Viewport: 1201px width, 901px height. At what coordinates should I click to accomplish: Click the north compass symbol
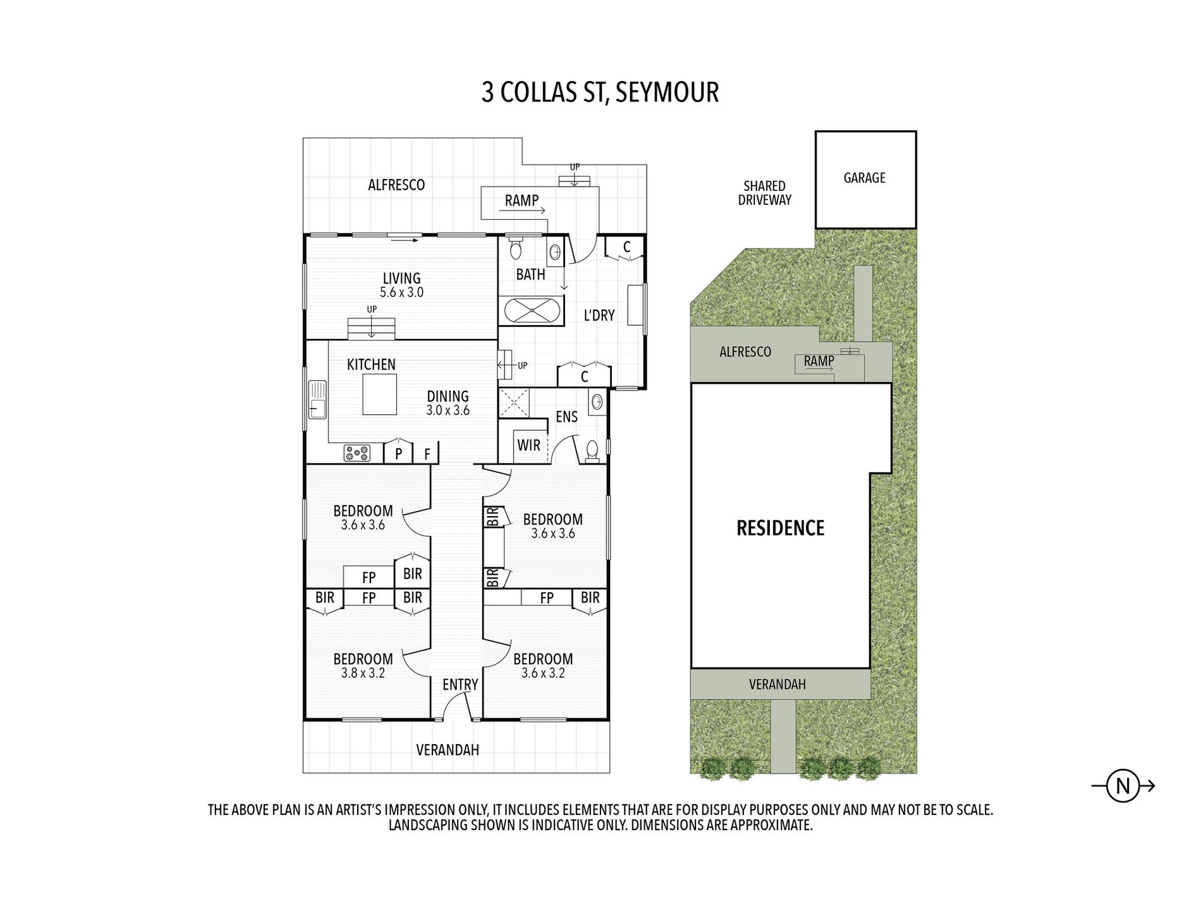[x=1123, y=787]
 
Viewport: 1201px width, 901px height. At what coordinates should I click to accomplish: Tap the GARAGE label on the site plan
[x=864, y=178]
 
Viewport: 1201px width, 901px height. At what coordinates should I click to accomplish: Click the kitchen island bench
[x=379, y=394]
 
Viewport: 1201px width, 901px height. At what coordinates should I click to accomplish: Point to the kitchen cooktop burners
[x=358, y=453]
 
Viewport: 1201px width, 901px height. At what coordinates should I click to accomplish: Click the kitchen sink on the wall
[x=317, y=399]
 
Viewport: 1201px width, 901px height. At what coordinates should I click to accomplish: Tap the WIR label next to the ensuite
[x=528, y=445]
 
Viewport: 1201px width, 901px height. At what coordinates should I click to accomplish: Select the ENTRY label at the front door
[x=460, y=685]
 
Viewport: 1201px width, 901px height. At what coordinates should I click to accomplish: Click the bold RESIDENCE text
[x=781, y=528]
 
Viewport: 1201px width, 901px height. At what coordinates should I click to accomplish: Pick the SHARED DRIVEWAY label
[x=765, y=193]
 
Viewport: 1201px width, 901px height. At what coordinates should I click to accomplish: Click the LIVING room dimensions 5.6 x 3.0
[x=401, y=293]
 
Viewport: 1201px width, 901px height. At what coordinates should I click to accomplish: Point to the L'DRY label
[x=599, y=315]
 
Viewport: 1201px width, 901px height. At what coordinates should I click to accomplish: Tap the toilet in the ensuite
[x=592, y=451]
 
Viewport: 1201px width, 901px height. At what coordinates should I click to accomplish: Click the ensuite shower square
[x=514, y=403]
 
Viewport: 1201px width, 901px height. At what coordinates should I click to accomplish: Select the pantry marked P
[x=399, y=454]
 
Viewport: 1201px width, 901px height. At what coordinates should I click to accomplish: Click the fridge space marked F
[x=427, y=454]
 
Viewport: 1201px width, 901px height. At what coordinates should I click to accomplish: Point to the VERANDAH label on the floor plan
[x=448, y=750]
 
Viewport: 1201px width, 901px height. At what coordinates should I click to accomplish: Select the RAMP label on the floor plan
[x=521, y=200]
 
